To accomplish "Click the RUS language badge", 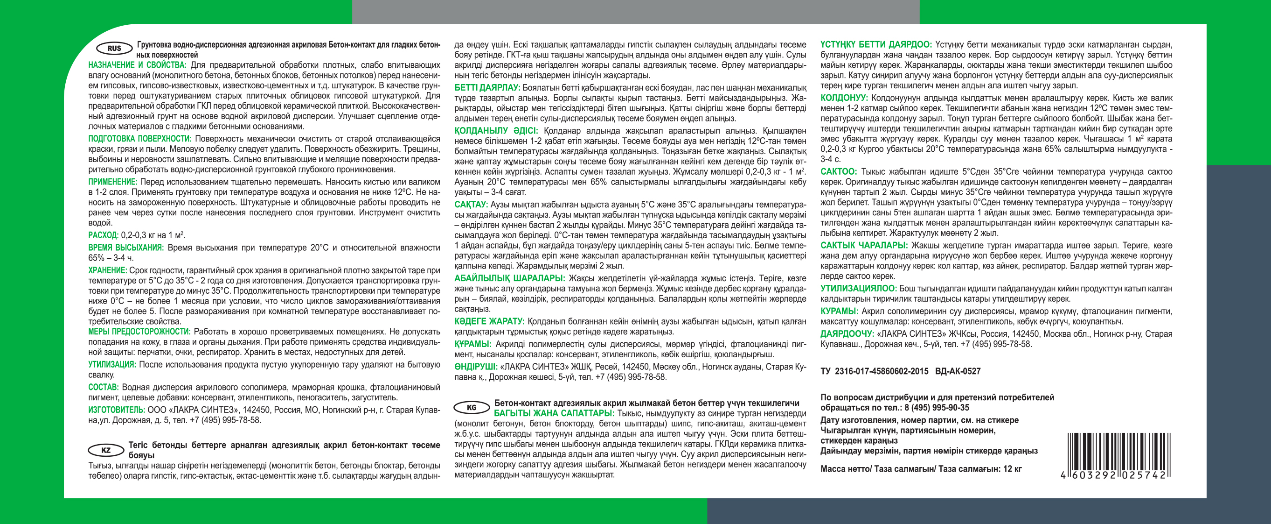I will coord(114,49).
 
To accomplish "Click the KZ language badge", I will coord(105,450).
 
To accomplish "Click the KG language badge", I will coord(472,407).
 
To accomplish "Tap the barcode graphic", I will coord(1118,456).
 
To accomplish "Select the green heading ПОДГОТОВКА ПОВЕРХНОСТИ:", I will coord(139,139).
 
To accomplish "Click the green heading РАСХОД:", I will coord(103,235).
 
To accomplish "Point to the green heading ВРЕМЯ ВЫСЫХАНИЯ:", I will coord(126,248).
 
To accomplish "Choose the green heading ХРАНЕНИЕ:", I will coord(108,270).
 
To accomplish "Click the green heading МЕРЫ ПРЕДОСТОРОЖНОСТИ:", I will coord(139,332).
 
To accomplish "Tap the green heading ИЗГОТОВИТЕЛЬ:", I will coord(117,410).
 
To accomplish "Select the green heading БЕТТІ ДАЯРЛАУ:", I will coord(487,87).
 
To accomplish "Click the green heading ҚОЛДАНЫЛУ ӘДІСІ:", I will coord(496,131).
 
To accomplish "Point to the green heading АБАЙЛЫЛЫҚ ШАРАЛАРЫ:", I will coord(509,278).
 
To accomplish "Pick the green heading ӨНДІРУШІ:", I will coord(476,367).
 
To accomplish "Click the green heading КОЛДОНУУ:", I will coord(844,98).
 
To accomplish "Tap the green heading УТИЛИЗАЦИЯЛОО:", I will coord(858,289).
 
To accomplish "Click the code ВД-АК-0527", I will coord(958,371).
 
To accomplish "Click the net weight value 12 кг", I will coord(1012,469).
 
